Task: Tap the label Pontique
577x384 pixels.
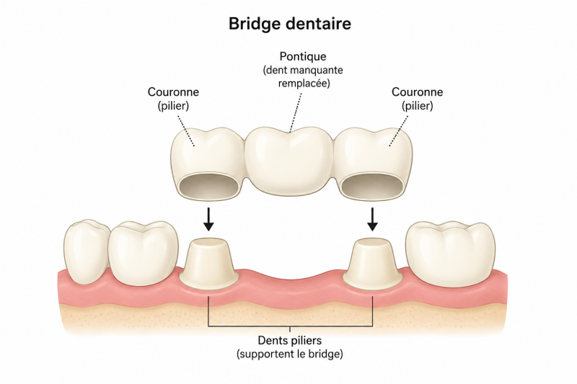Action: point(303,57)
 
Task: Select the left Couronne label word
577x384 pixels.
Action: point(173,92)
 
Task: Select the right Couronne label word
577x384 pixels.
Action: point(417,92)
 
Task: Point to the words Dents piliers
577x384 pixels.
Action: point(290,340)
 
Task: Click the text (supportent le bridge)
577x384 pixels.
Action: point(290,354)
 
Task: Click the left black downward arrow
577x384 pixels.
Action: point(208,219)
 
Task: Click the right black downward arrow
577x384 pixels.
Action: point(372,219)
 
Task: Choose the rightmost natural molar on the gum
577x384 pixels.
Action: point(450,253)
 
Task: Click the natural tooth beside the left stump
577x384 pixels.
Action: point(144,253)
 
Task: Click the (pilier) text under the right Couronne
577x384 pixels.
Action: point(418,106)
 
